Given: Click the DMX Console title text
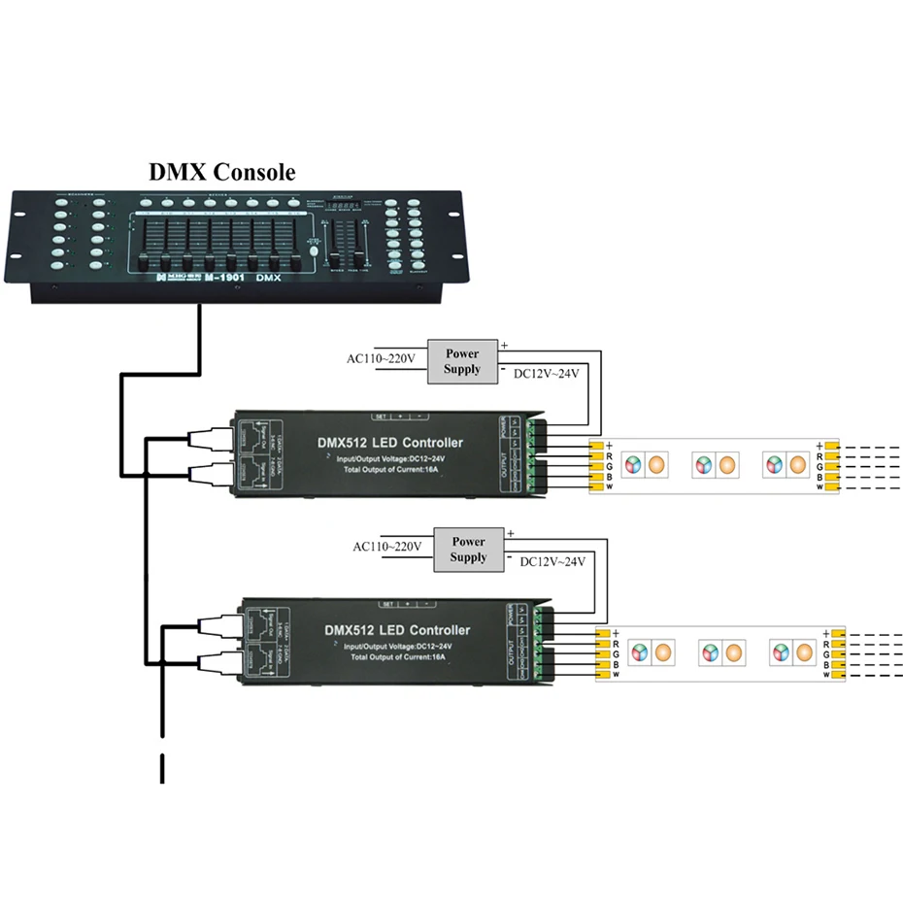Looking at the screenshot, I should click(221, 172).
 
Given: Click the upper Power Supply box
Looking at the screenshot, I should click(462, 361).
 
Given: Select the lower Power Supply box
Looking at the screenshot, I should click(468, 550).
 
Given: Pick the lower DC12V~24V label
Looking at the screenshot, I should click(553, 561).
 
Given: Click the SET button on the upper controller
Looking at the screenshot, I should click(381, 417).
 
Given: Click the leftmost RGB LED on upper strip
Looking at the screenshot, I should click(631, 465).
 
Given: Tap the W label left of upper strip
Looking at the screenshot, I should click(820, 486).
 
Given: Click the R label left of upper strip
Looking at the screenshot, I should click(820, 454).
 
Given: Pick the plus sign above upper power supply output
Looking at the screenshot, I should click(504, 344).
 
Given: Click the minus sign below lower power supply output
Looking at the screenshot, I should click(509, 558).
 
